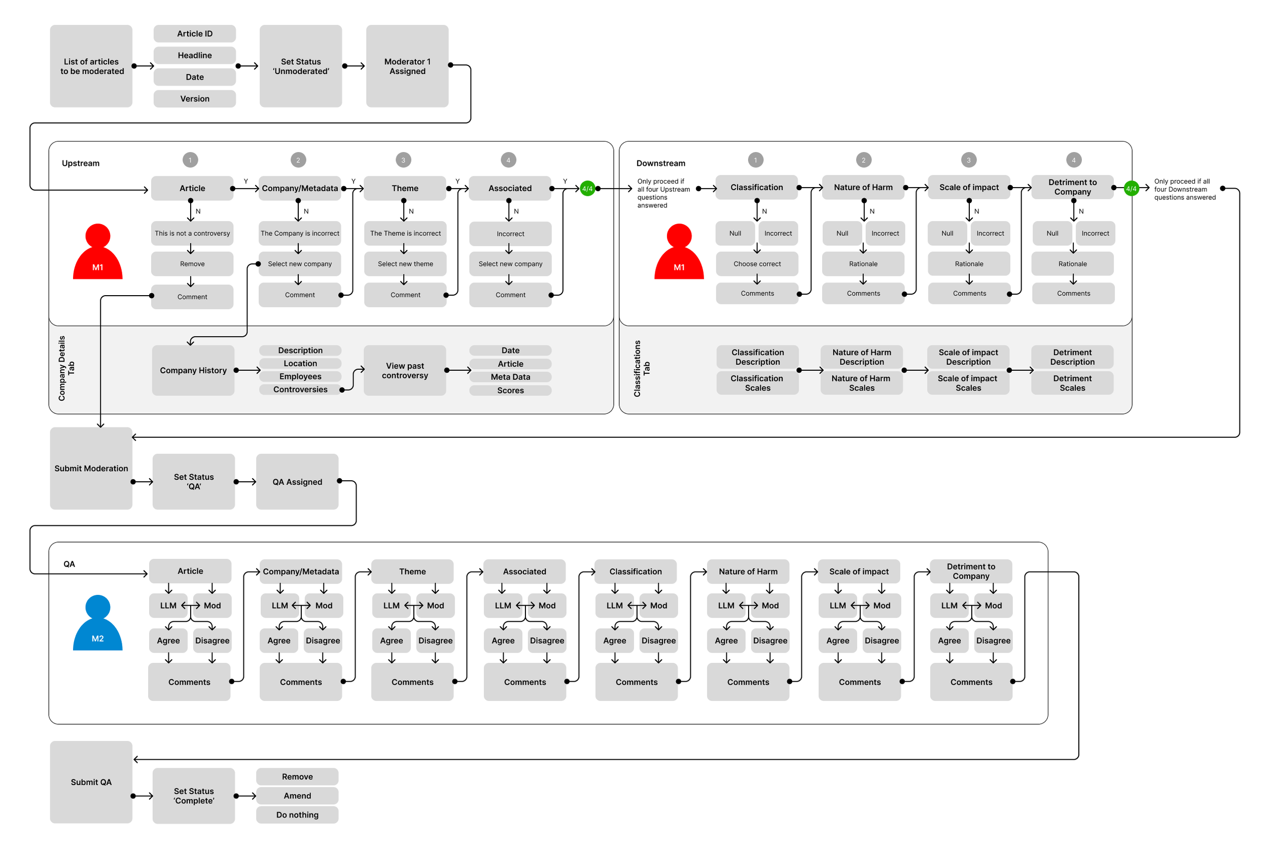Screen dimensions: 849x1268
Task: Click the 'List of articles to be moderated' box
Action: [91, 66]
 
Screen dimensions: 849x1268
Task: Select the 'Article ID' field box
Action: [194, 33]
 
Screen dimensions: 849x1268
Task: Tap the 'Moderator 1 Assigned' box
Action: [407, 66]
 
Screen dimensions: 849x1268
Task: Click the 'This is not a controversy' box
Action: [192, 233]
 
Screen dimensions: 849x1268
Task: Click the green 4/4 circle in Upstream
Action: [587, 189]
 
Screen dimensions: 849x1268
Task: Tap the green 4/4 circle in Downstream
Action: [1131, 189]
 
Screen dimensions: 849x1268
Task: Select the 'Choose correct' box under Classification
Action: [757, 264]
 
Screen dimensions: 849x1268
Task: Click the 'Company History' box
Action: [193, 370]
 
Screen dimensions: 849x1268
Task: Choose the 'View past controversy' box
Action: [405, 370]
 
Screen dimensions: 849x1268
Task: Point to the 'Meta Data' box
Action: [510, 377]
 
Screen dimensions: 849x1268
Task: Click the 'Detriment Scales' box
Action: [1072, 383]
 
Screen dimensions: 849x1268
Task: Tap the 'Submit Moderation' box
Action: [91, 468]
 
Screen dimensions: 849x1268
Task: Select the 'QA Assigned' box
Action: [297, 482]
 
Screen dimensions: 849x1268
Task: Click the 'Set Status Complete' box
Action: [194, 795]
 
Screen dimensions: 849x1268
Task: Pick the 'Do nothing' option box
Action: [297, 815]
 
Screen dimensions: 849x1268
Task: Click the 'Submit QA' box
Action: [91, 782]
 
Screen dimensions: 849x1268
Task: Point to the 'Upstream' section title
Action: [81, 163]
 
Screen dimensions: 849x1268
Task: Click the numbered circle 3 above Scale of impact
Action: [969, 160]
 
